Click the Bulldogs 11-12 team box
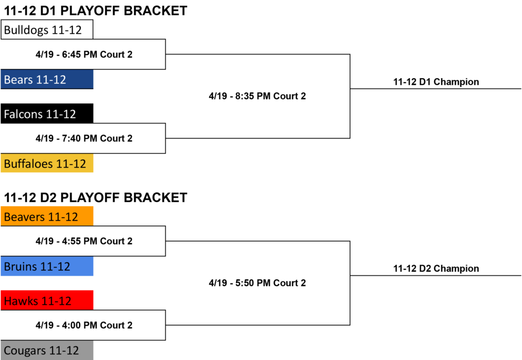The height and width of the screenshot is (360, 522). coord(47,30)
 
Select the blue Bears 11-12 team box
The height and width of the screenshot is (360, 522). coord(47,79)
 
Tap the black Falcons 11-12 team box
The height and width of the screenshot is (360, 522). coord(47,114)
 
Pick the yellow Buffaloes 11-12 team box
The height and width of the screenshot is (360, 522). coord(47,163)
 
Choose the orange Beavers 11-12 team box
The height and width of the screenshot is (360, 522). coord(47,217)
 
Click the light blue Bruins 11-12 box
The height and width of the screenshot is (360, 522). coord(47,266)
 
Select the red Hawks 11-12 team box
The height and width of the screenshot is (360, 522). coord(47,300)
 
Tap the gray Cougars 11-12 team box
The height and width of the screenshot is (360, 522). coord(47,350)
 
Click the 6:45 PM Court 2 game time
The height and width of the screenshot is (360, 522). coord(84,54)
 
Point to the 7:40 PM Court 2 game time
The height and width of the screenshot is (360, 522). coord(84,138)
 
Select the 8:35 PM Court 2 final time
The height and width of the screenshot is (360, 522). coord(257,96)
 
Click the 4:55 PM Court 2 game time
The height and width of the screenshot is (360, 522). coord(84,241)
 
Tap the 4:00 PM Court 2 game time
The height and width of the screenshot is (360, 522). coord(84,325)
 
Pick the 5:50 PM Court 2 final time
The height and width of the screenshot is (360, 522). coord(257,282)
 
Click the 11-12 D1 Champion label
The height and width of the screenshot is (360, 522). coord(436,82)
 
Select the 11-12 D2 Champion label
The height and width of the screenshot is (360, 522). coord(436,269)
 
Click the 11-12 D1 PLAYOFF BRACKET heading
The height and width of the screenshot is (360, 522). coord(95,11)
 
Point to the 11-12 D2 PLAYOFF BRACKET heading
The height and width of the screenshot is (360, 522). coord(95,197)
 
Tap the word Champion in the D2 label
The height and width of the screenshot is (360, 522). coord(456,269)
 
